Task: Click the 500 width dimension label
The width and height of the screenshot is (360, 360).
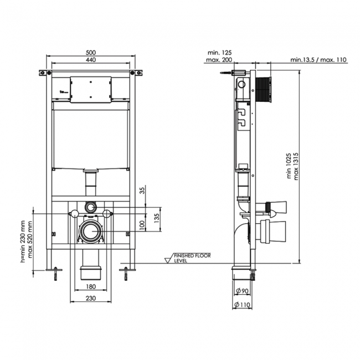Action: pos(91,52)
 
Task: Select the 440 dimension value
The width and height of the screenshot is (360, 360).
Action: pos(91,60)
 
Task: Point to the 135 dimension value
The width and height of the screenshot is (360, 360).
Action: pos(157,216)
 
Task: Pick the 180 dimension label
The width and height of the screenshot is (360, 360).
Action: pos(91,286)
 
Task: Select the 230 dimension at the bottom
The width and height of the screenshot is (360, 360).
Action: pos(91,298)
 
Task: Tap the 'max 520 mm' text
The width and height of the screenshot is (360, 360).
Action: pos(30,242)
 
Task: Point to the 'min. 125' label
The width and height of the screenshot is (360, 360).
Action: pos(220,52)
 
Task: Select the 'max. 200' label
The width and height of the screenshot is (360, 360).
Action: pos(220,59)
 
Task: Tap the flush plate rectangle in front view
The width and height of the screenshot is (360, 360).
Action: pos(91,89)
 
